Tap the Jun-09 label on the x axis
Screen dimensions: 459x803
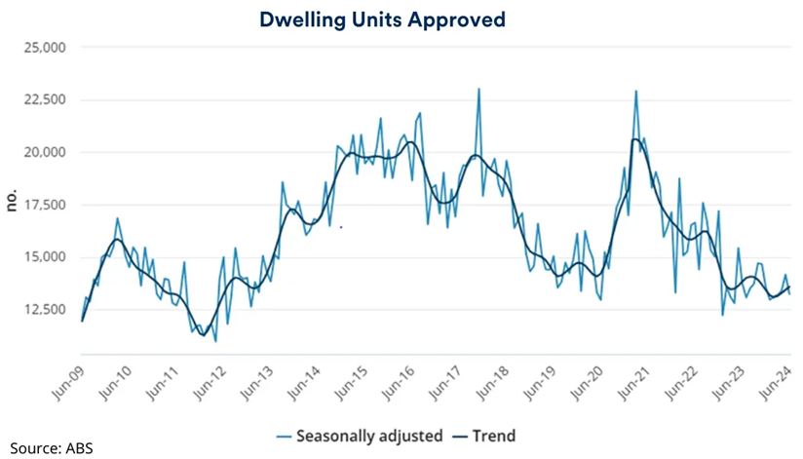tap(68, 382)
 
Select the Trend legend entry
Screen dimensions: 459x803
tap(493, 436)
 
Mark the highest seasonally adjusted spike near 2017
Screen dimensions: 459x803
tap(478, 89)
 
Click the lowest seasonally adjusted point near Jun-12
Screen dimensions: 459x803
tap(215, 341)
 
